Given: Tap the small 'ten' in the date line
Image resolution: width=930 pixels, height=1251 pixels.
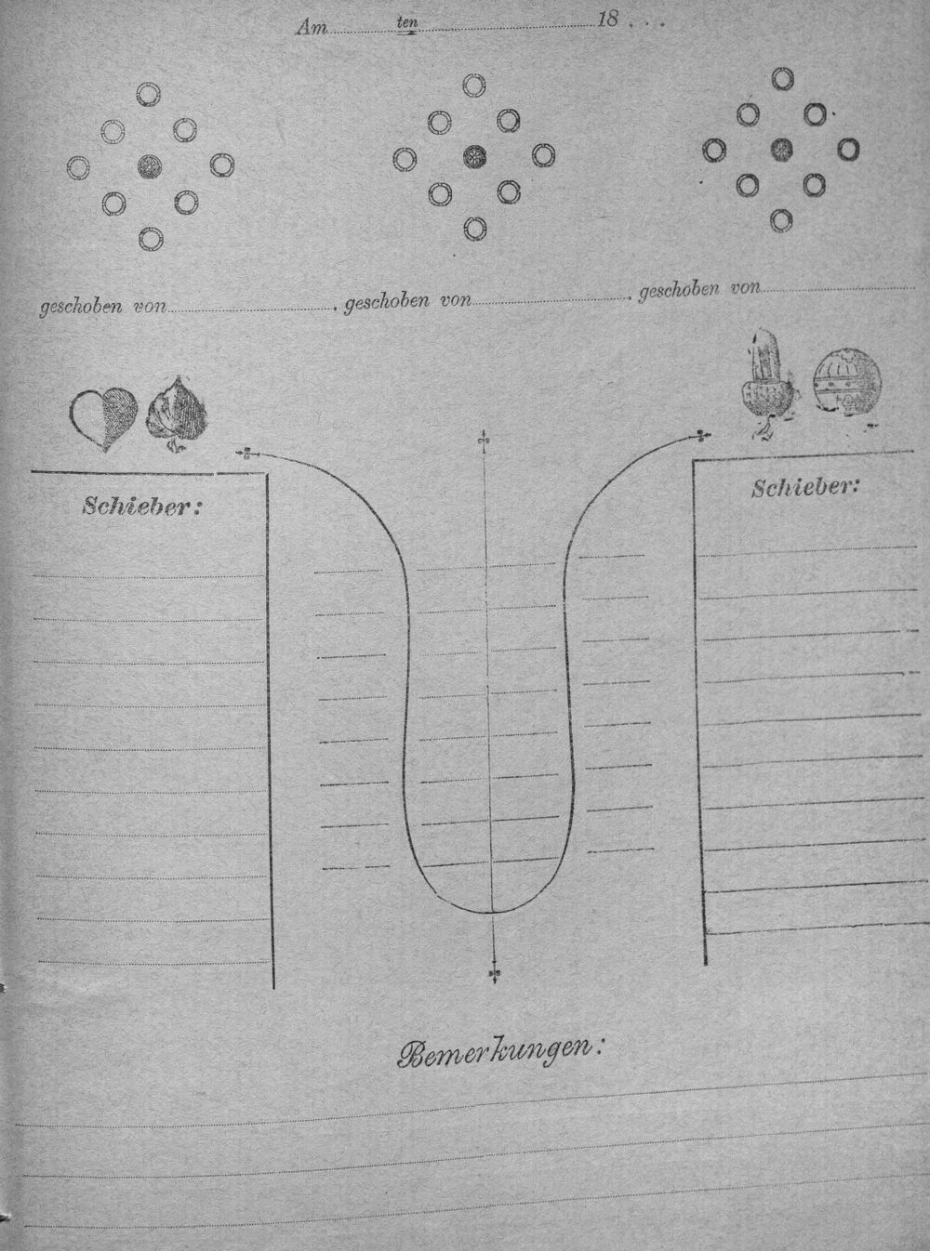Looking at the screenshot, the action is pos(407,22).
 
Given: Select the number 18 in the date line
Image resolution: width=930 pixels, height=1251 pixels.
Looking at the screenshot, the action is pos(608,20).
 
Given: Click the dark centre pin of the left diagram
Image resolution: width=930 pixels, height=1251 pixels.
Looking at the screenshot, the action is pos(150,165).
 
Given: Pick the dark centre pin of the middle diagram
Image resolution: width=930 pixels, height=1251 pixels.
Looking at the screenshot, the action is pos(474,156).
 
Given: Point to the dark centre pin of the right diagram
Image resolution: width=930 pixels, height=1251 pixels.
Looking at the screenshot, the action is pos(782,150).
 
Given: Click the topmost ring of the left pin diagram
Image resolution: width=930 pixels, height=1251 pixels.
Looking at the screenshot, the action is pos(149,94).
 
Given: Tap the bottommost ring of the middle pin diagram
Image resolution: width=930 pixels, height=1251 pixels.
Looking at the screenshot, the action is pos(474,229).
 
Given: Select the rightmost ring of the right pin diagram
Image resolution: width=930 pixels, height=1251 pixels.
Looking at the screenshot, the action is pos(848,149).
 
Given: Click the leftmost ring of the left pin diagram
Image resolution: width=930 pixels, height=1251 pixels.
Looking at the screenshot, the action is pos(78,167).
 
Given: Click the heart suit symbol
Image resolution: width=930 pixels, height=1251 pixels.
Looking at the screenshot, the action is pos(104,418).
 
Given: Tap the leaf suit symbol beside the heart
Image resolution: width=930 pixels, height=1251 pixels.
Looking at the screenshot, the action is pos(177,415).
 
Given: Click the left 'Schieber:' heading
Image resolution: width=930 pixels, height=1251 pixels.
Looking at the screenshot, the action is pos(142,507).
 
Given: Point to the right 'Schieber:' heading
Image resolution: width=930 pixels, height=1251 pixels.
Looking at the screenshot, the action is pos(805,486).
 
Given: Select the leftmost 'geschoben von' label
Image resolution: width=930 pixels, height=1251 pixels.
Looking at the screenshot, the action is pos(102,307).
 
